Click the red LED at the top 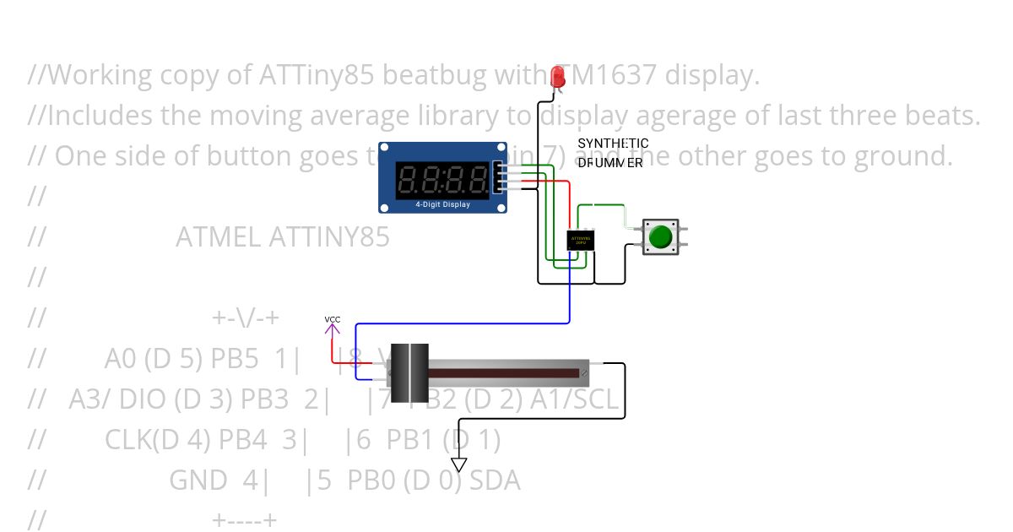[557, 77]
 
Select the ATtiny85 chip [580, 240]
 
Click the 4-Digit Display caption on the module [443, 204]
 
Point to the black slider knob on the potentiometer [409, 372]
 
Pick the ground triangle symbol [458, 464]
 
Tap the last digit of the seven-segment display [479, 178]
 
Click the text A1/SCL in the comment [574, 399]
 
